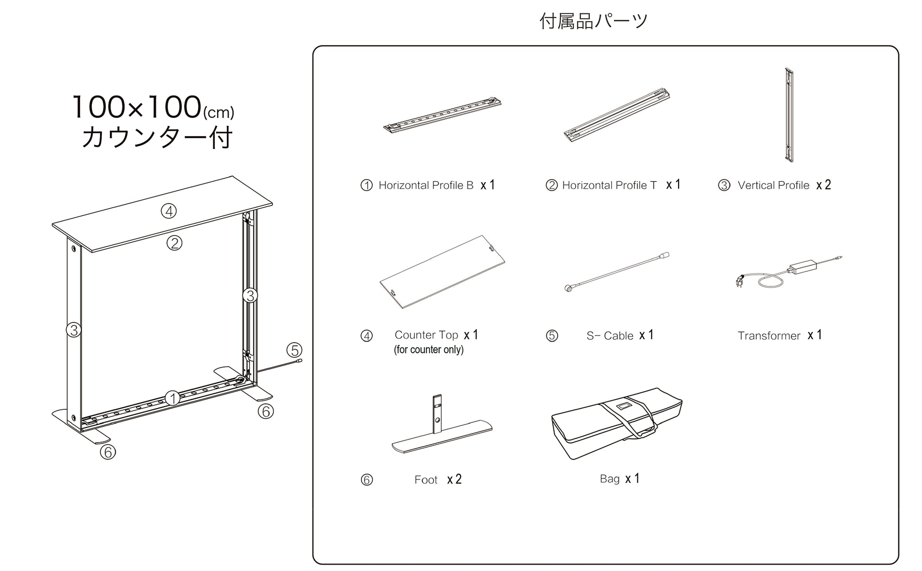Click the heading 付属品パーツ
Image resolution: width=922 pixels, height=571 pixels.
coord(593,21)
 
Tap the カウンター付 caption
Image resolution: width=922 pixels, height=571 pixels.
coord(157,138)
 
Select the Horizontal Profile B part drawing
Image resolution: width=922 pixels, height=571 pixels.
coord(442,116)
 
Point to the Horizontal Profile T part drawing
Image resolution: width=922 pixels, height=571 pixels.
coord(616,115)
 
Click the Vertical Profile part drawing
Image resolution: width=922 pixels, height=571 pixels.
coord(789,115)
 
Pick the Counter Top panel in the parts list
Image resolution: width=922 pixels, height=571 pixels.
coord(442,272)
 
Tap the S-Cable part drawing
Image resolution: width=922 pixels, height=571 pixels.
coord(616,272)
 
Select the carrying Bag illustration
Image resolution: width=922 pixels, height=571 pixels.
coord(616,423)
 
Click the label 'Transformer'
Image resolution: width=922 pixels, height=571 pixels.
coord(768,336)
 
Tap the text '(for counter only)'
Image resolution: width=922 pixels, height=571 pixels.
coord(428,350)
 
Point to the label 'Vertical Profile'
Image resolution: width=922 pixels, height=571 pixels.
coord(773,185)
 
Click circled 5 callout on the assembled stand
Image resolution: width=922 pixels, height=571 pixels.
coord(294,350)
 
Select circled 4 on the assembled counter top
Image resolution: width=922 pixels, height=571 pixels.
coord(169,211)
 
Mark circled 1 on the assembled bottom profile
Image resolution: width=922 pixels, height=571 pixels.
coord(172,398)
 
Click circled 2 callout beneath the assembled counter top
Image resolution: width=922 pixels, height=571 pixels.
coord(174,243)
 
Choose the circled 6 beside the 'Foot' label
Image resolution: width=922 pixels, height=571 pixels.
coord(367,480)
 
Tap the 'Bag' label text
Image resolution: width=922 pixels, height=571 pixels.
coord(609,479)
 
